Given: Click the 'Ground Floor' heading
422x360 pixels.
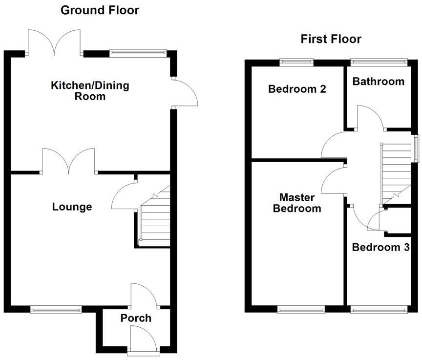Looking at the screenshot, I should coord(100,10).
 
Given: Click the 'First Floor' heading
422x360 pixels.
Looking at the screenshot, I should coord(331,39).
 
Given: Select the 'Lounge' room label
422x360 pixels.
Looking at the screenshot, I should coord(72,207).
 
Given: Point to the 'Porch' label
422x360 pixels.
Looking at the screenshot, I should coord(136,318).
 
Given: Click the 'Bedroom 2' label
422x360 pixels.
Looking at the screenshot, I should coord(291,89).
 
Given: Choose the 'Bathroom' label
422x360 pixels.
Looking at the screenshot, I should coord(379,82).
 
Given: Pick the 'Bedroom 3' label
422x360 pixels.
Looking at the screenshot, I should coord(380,247).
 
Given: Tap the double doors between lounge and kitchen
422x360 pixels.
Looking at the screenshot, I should coord(69,161).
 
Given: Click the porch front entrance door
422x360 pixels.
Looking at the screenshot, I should coord(144,339).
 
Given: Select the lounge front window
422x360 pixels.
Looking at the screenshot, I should coord(56,309).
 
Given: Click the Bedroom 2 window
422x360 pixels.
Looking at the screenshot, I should coord(296,62).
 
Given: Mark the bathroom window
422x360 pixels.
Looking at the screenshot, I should coord(379,62).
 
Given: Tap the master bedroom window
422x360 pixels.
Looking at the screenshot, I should coord(300,309).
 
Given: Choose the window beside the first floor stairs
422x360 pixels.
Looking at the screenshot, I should coord(415,147).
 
